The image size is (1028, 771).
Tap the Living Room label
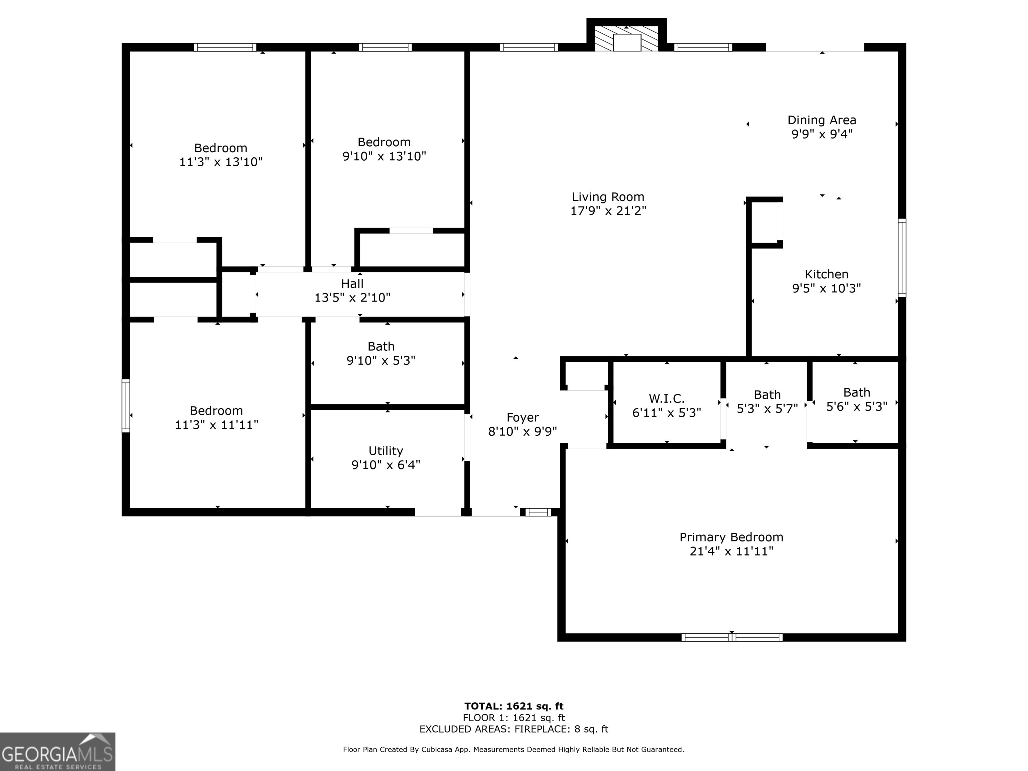608,197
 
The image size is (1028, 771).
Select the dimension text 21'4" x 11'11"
732,551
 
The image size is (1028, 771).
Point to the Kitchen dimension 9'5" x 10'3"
826,288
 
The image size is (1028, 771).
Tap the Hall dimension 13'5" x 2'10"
352,298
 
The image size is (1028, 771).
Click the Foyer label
522,417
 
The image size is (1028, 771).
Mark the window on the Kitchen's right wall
902,258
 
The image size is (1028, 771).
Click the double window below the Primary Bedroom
732,637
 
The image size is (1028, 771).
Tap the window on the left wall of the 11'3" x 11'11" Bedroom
125,406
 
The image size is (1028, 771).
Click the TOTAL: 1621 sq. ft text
514,707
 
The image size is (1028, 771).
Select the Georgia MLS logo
57,752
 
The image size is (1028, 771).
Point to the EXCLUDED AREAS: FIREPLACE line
514,729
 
